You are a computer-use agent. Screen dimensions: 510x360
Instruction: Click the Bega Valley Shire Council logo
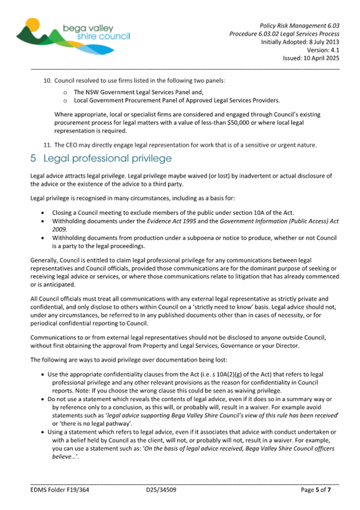72,33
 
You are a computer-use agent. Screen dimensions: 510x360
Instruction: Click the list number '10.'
47,84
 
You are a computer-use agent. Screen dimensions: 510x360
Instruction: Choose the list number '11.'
47,145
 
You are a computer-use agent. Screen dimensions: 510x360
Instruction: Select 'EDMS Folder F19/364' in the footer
59,489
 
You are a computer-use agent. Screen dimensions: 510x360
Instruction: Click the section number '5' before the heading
34,158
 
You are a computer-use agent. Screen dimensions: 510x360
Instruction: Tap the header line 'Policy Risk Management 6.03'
300,25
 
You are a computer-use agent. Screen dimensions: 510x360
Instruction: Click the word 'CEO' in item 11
72,145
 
